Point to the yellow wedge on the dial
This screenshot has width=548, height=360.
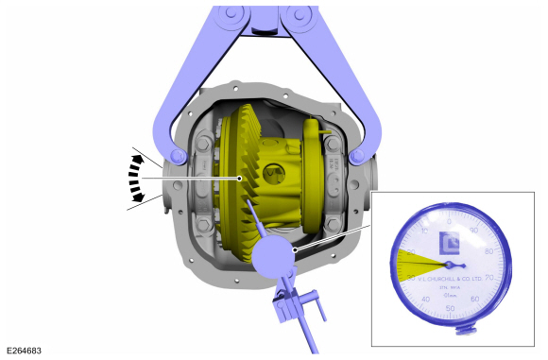[416, 266]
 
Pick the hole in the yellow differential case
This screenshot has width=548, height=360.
[275, 173]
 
